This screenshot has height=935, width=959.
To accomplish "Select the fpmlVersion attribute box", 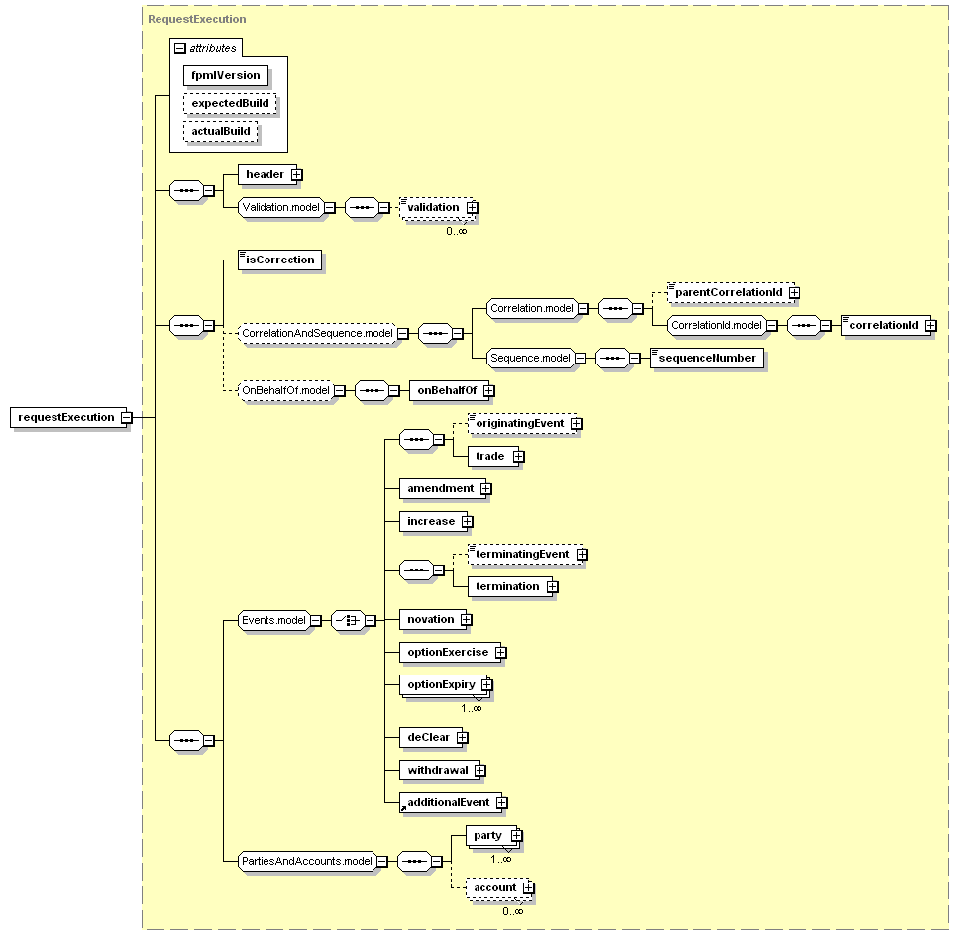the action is coord(226,76).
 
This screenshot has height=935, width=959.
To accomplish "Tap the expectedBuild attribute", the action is coord(230,103).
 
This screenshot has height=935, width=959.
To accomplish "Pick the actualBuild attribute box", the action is coord(220,131).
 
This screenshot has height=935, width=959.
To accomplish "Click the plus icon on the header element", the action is coord(296,175).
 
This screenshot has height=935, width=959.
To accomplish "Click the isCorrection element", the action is coord(279,260).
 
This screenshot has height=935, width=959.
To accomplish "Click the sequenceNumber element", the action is coord(706,358).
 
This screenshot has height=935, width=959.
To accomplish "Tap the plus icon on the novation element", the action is coord(466,620).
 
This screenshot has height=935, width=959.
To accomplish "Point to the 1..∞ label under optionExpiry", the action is coord(471,708).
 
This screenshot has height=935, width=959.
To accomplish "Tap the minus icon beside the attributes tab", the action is coord(180,48).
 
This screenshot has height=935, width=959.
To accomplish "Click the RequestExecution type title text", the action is coord(197,19).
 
